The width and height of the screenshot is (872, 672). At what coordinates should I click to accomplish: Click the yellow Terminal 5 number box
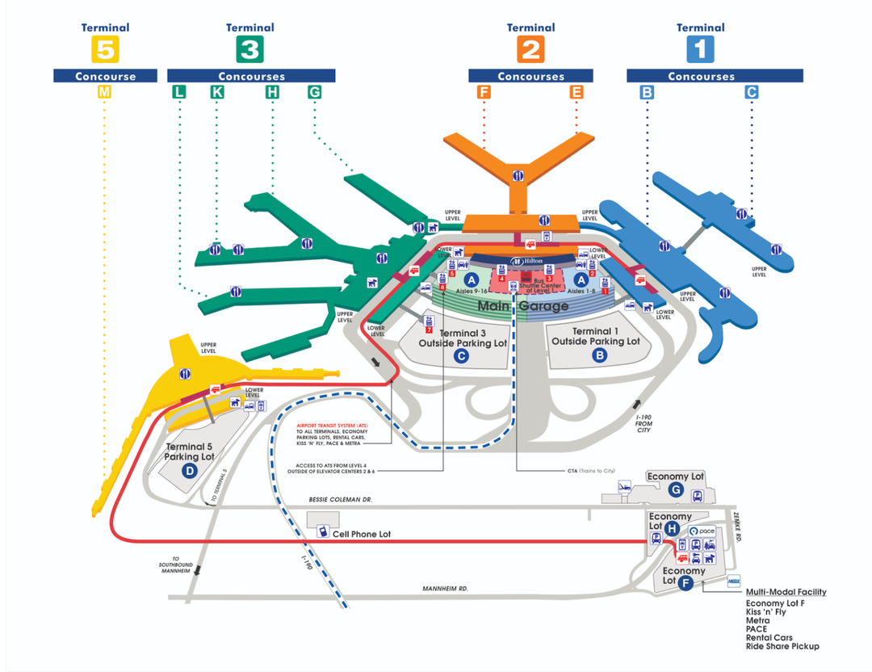coord(105,50)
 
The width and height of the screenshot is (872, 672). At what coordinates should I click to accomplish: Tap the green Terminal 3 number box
coord(249,50)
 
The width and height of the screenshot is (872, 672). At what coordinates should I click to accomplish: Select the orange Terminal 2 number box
coord(530,50)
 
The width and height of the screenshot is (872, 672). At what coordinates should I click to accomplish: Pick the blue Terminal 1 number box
coord(700,50)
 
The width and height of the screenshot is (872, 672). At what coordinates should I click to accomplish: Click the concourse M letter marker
coord(103,92)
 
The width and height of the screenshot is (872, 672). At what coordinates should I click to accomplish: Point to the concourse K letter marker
coord(216,92)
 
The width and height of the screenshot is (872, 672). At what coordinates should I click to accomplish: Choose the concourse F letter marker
coord(484,92)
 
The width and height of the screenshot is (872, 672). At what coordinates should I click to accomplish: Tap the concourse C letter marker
coord(752,92)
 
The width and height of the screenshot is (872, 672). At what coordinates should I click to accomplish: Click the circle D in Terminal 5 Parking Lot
coord(189,471)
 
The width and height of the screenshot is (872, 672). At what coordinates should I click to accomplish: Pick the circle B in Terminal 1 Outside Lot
coord(599,354)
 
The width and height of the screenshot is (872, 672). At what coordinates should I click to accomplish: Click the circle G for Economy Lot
coord(676,489)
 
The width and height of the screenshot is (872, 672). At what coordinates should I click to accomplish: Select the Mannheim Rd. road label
coord(446,589)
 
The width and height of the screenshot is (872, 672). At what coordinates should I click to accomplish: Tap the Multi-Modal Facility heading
coord(786,592)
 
